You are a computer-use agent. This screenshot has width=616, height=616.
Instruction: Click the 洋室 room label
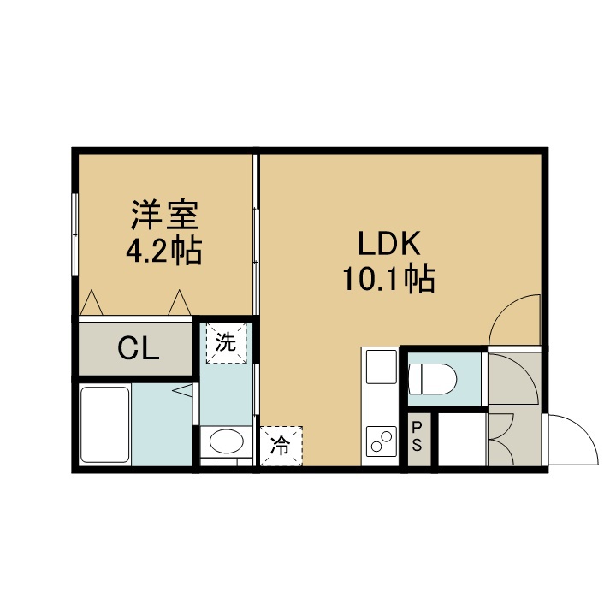tap(164, 215)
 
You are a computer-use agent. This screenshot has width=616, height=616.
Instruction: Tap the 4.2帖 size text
tap(163, 251)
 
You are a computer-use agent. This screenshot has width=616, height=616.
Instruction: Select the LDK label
tap(389, 244)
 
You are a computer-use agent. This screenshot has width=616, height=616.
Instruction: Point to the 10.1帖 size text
tap(389, 279)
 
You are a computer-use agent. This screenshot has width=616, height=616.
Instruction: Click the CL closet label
tap(139, 348)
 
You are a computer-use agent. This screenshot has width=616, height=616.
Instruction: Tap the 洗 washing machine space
tap(227, 343)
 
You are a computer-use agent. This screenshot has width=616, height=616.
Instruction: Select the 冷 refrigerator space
tap(281, 446)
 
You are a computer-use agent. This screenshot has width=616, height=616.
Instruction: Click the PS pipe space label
tap(417, 436)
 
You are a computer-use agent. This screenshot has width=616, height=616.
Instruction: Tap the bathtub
tap(105, 424)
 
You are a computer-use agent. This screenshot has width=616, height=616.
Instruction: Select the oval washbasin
tap(226, 441)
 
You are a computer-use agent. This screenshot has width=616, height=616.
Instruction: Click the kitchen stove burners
tap(382, 441)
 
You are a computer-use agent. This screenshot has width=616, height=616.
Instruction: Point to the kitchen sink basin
tap(382, 366)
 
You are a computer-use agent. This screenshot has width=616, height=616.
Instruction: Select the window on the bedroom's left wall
tap(74, 234)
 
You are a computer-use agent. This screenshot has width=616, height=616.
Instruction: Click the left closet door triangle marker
tap(92, 303)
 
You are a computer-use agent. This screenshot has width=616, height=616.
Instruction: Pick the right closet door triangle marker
tap(180, 303)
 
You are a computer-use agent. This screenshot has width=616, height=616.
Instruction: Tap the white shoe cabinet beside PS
tap(462, 439)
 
